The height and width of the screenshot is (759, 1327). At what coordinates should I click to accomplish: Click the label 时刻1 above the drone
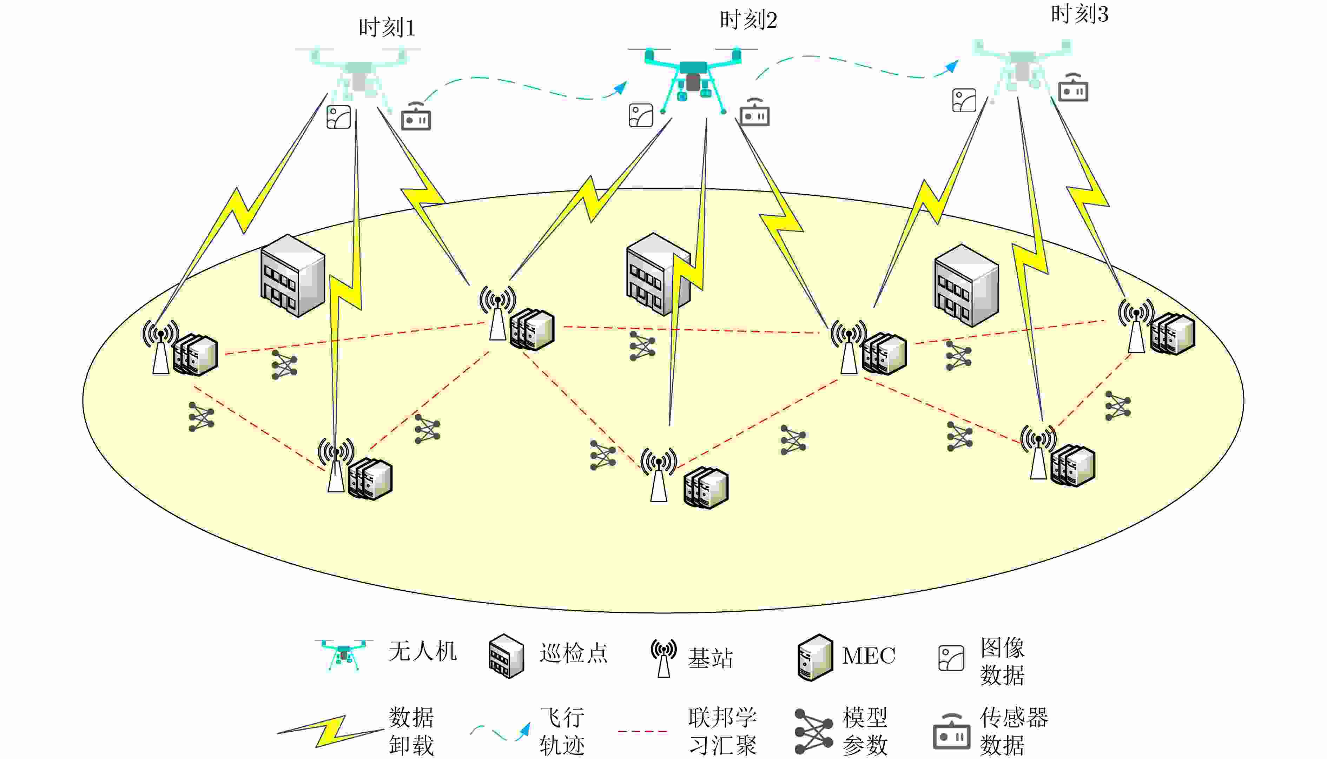click(x=387, y=28)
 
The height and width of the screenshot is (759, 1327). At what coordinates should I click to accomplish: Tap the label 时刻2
click(x=748, y=20)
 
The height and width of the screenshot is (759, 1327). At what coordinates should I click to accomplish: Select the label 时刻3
click(x=1079, y=14)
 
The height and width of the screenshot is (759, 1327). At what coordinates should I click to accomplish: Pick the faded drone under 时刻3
click(x=1020, y=65)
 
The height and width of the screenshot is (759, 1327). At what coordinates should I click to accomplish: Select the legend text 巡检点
click(x=573, y=653)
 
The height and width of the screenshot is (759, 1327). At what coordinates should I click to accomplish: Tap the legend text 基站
click(x=711, y=658)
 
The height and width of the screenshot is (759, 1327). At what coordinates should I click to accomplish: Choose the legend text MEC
click(x=869, y=656)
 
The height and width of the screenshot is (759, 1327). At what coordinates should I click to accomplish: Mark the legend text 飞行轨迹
click(x=562, y=731)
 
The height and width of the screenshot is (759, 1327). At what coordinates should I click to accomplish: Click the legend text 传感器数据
click(x=1014, y=731)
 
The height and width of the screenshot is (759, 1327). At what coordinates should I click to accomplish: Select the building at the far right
click(x=966, y=285)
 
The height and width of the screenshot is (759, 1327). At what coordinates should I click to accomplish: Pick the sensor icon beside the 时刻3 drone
click(x=1073, y=89)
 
